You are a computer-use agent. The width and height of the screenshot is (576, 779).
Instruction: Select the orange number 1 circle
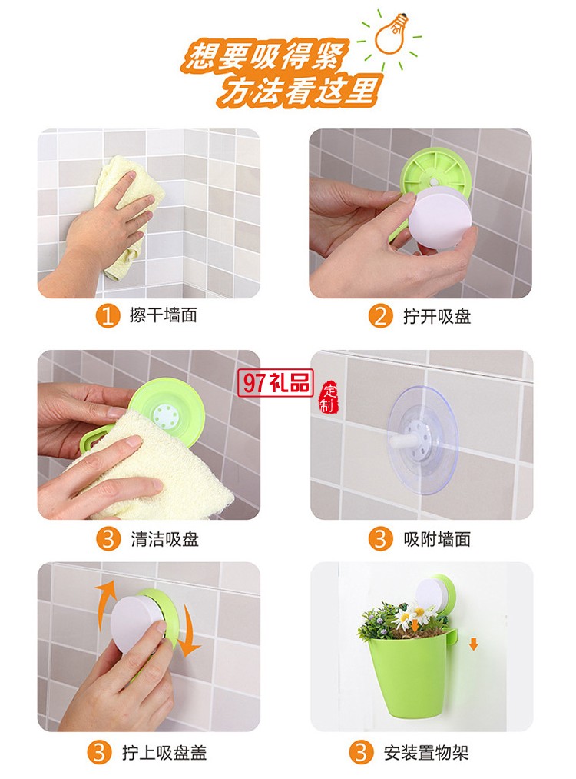tap(108, 316)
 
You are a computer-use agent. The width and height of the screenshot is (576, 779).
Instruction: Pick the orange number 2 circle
tap(380, 316)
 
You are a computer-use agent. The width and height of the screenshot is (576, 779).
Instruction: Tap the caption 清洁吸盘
tap(164, 539)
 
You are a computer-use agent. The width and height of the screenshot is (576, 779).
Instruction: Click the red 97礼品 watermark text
tap(276, 381)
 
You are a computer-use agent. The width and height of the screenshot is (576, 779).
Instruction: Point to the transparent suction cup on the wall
tap(422, 439)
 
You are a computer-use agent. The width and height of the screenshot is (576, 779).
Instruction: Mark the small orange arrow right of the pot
tap(473, 643)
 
